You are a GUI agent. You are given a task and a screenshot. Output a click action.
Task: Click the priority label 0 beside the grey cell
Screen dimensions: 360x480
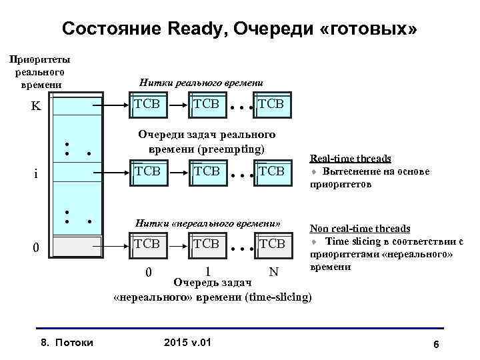pyautogui.click(x=37, y=248)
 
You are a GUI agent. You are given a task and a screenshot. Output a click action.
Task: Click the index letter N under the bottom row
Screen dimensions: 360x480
pyautogui.click(x=272, y=272)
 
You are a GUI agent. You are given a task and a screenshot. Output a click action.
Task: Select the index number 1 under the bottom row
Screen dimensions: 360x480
pyautogui.click(x=208, y=272)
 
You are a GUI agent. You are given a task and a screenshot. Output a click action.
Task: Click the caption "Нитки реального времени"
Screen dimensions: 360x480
pyautogui.click(x=201, y=82)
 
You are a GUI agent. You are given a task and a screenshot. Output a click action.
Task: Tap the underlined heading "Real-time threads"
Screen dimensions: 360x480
pyautogui.click(x=350, y=159)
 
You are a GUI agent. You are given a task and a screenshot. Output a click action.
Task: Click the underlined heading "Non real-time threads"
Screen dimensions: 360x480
pyautogui.click(x=359, y=229)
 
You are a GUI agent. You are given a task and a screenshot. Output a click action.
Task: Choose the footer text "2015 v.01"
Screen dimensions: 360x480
pyautogui.click(x=187, y=343)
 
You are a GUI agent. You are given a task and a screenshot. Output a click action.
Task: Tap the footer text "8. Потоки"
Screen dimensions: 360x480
pyautogui.click(x=67, y=343)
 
